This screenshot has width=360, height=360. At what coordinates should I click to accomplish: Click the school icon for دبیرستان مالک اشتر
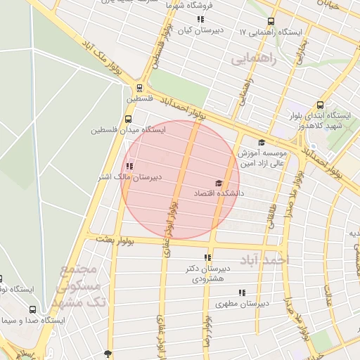coord(129,167)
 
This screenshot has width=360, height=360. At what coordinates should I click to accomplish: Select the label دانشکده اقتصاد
coord(221,192)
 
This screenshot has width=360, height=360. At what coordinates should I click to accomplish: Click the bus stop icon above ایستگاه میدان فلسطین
coord(127,120)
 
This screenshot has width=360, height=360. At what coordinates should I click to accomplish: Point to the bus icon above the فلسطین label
coord(139,89)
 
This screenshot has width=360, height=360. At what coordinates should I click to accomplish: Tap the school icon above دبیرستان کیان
coord(200,20)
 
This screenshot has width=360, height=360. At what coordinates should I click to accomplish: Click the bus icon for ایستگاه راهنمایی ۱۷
coord(271,21)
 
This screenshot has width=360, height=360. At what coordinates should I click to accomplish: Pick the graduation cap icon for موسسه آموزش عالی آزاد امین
coord(262,142)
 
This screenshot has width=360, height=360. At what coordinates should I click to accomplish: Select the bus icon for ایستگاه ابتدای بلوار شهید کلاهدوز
coord(321,105)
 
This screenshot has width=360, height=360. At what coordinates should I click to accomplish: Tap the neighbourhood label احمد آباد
coord(265,260)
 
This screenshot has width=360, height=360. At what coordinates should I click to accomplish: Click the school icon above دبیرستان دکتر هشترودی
coord(207,258)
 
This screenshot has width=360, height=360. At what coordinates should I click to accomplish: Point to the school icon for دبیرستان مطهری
coord(242,292)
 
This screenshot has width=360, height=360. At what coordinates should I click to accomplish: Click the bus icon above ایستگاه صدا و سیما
coord(32,309)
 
